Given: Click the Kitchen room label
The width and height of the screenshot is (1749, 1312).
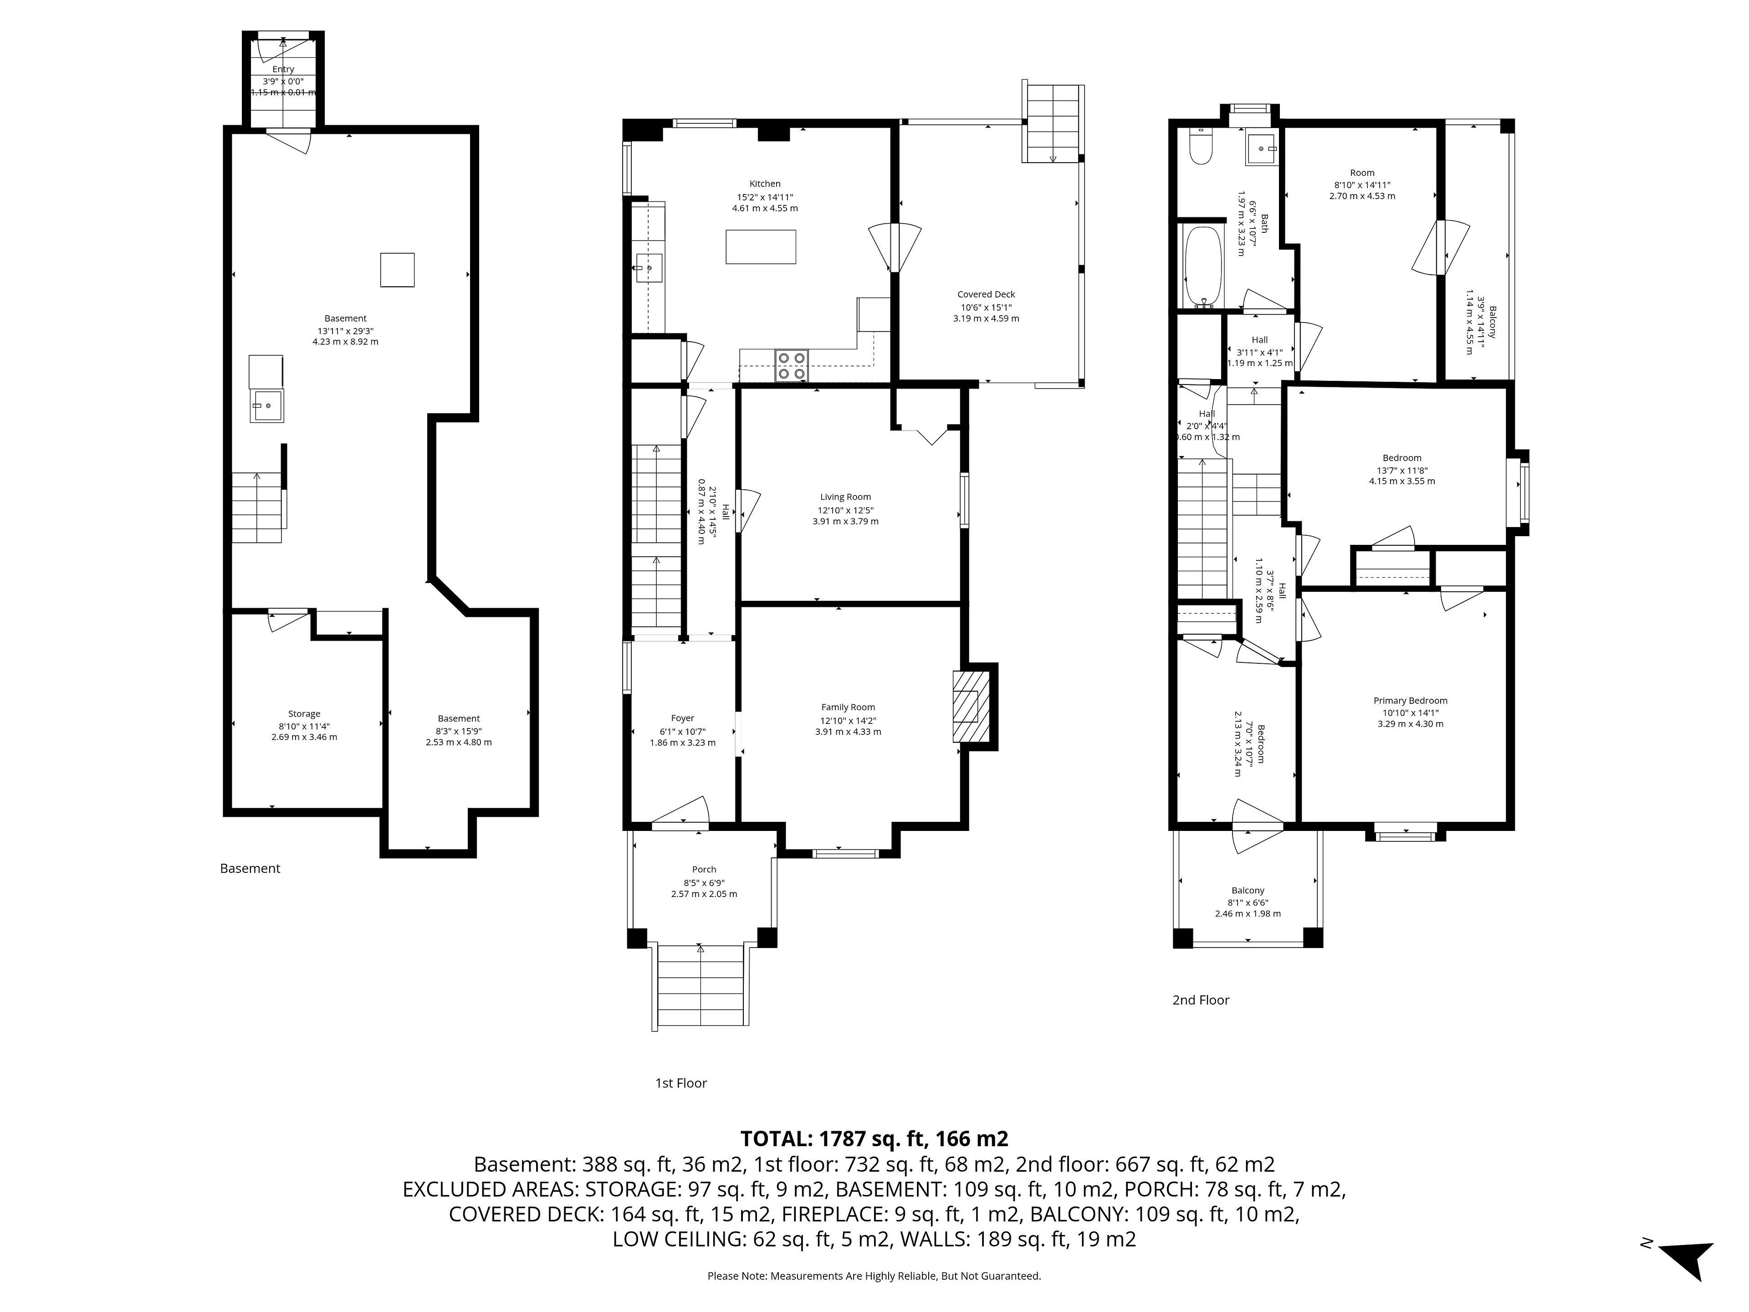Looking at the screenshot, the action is pos(765,184).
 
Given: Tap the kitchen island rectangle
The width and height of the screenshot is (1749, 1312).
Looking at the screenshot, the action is pos(761,247).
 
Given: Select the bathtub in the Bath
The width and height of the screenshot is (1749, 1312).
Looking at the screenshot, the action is pos(1202,266).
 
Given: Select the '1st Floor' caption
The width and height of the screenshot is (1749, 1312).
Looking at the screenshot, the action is pos(681,1083).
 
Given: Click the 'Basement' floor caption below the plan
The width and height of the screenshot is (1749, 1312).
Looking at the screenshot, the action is pos(250,868).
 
